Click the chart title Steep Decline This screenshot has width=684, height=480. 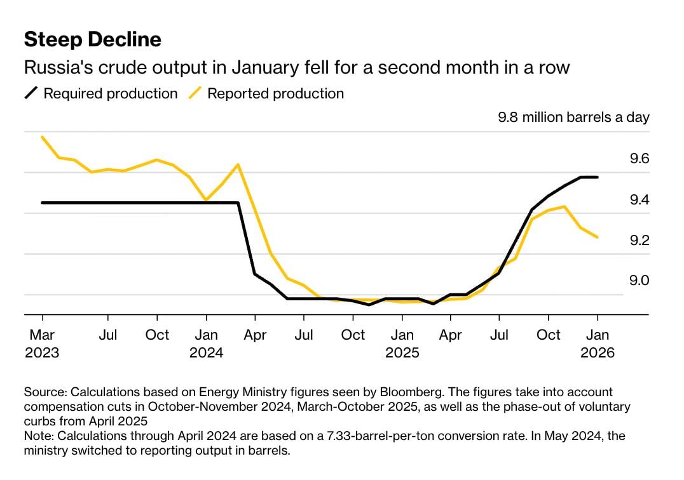coord(92,40)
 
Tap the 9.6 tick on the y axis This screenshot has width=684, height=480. coord(639,159)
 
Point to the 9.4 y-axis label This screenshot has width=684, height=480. coord(639,200)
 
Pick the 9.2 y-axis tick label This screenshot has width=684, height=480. coord(639,241)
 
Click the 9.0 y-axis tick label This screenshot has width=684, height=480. coord(639,281)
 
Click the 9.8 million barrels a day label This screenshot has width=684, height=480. coord(573,117)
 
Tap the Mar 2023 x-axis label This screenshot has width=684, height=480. coord(42,343)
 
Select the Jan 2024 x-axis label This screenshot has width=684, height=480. coord(206,343)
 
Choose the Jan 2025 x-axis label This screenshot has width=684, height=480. coord(402,343)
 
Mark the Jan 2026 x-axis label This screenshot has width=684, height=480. coord(598,343)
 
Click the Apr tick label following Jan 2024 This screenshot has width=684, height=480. coord(255,335)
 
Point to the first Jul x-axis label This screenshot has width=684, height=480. coord(108,335)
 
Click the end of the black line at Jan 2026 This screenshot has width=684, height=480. coord(598,177)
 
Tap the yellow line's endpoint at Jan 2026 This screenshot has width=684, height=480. coord(598,237)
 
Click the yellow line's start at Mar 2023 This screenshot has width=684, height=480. coord(42,137)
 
